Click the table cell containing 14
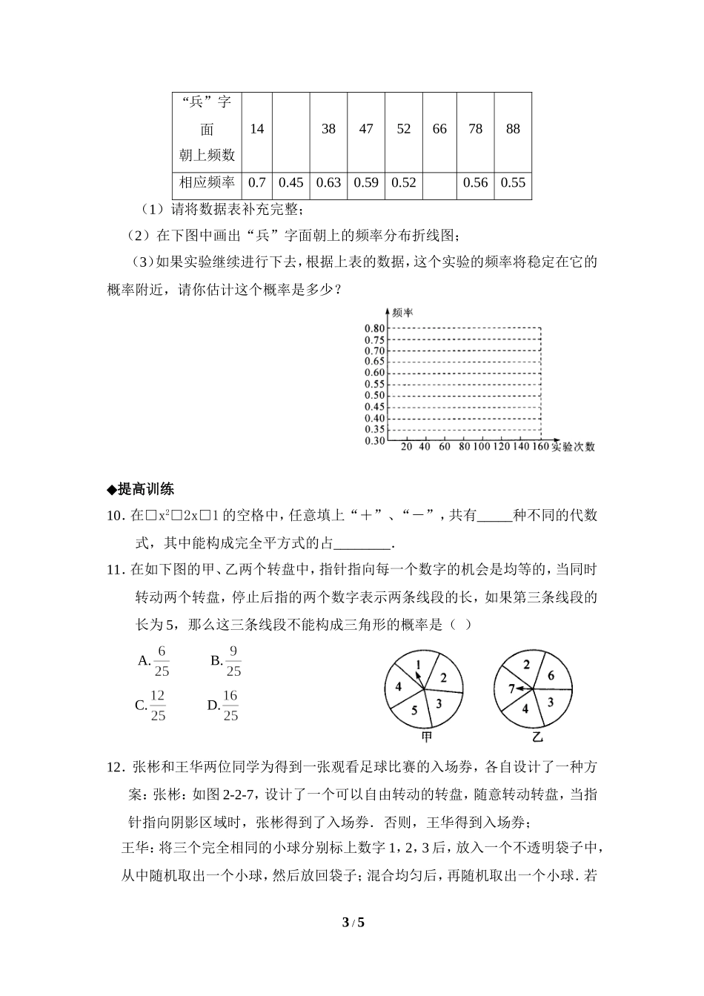pos(256,129)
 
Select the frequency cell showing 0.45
pos(291,183)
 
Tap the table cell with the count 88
pos(513,129)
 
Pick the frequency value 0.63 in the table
pos(328,183)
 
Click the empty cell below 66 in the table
pos(439,183)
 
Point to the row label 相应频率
pos(207,183)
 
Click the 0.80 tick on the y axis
pos(375,328)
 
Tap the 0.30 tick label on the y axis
pos(375,441)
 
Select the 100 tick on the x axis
pos(481,447)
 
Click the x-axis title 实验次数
pos(573,447)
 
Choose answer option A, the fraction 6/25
pos(154,661)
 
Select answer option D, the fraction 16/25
pos(223,705)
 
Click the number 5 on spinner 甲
pos(414,710)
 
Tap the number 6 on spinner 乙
pos(551,676)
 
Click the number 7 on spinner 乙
pos(511,689)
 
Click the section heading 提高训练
pos(141,488)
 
